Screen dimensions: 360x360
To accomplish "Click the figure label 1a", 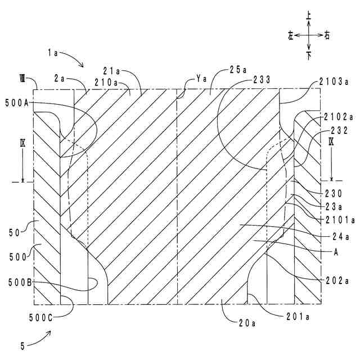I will pos(54,52).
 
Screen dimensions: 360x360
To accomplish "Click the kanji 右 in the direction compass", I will pos(327,35).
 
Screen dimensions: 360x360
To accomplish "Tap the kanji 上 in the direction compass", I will pos(309,19).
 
